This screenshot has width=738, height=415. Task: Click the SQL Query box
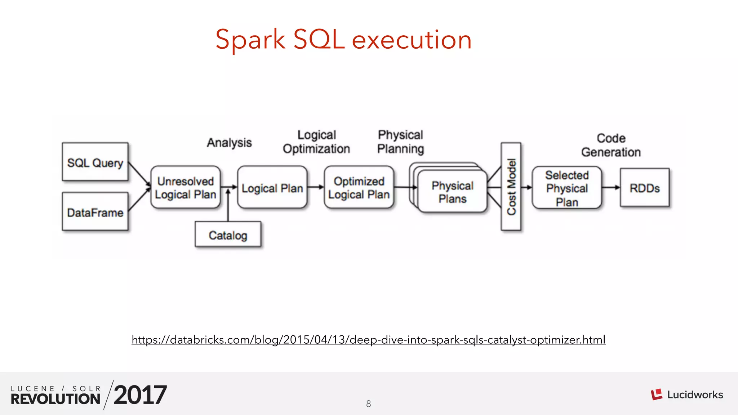click(x=95, y=162)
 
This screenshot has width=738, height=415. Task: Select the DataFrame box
click(x=95, y=211)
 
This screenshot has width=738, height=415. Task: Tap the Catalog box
click(x=228, y=235)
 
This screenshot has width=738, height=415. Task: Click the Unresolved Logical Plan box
click(x=186, y=187)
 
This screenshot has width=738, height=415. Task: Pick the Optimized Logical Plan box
click(x=359, y=187)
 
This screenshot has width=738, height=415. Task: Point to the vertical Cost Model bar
click(x=511, y=186)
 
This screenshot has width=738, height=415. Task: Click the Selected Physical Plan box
click(x=567, y=188)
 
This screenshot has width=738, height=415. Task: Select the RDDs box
click(x=645, y=188)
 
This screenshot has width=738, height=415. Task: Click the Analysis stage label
click(x=229, y=143)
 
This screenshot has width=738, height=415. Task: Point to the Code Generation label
click(x=611, y=145)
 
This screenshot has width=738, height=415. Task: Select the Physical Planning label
click(x=400, y=142)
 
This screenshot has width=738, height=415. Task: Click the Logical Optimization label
click(x=316, y=142)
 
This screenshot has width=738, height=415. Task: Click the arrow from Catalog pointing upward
click(x=228, y=205)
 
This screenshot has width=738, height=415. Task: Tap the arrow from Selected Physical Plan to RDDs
click(x=611, y=187)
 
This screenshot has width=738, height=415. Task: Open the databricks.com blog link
click(x=368, y=340)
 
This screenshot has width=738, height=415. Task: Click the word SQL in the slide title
click(x=319, y=39)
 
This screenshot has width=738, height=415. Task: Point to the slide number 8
click(x=368, y=404)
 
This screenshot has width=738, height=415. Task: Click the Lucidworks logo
click(x=686, y=394)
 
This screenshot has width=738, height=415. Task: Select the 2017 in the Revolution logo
click(x=140, y=395)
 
